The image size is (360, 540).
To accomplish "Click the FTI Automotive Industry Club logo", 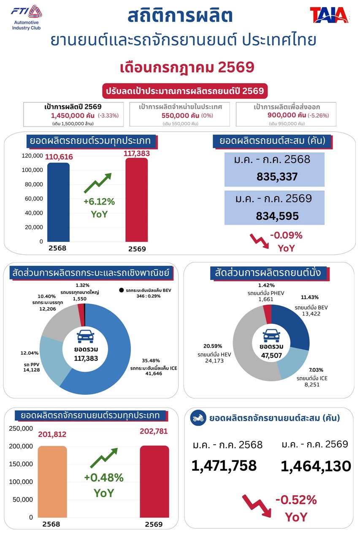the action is pos(26,18).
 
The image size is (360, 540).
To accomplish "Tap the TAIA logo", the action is pos(329,15).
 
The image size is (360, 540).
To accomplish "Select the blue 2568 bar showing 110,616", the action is pos(58,202).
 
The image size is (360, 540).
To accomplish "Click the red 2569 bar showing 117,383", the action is pos(136,200).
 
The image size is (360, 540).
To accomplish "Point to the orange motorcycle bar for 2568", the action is pos(52,481).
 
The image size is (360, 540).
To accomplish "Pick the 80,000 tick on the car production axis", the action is pos(34,184).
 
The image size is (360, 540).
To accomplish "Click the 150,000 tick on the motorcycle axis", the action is pos(21,464).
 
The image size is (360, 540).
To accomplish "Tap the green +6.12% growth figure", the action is pos(99,202).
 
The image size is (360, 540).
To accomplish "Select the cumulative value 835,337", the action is pos(277,177).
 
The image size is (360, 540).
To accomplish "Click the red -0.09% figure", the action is pos(286,235).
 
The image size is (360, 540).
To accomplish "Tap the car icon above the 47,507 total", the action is pos(271,335).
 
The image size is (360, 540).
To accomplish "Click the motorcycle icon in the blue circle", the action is pos(198,418).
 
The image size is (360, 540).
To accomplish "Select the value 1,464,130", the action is pos(316,466).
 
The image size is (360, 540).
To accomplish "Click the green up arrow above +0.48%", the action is pos(104,458).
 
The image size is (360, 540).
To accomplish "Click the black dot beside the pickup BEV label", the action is pos(121,290).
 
